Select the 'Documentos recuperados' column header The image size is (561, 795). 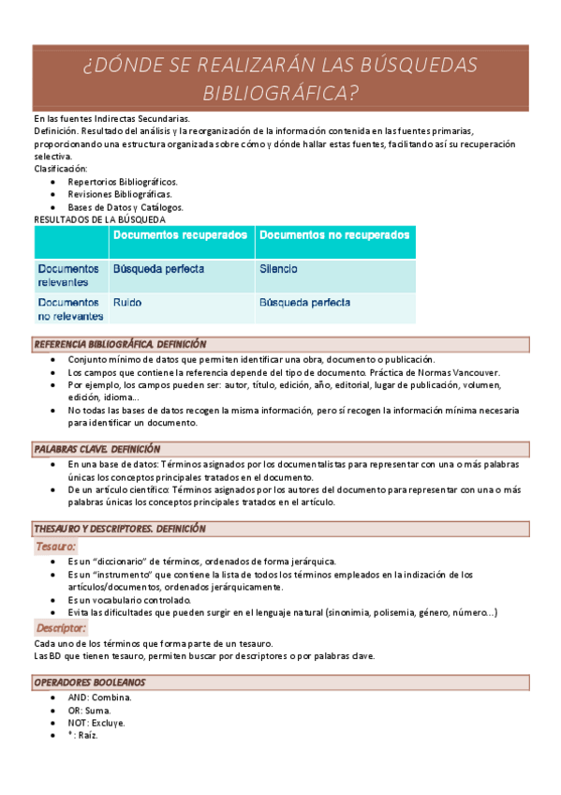[x=181, y=234]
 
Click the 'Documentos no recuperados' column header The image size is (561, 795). [x=334, y=234]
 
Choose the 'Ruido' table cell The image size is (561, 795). [x=127, y=303]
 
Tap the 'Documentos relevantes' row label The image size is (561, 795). [x=68, y=275]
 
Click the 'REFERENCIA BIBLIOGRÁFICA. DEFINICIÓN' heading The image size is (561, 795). [x=120, y=344]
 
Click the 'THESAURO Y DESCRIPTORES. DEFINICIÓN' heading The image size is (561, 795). [x=120, y=529]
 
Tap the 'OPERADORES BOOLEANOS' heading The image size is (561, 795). [x=89, y=682]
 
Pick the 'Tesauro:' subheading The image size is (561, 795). [x=56, y=546]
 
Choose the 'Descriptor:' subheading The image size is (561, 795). [x=61, y=628]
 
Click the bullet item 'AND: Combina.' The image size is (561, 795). [x=100, y=697]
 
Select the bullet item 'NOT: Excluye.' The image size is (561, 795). [x=97, y=723]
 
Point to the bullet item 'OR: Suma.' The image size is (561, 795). [x=90, y=711]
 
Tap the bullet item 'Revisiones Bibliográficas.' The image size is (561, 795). [x=120, y=194]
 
